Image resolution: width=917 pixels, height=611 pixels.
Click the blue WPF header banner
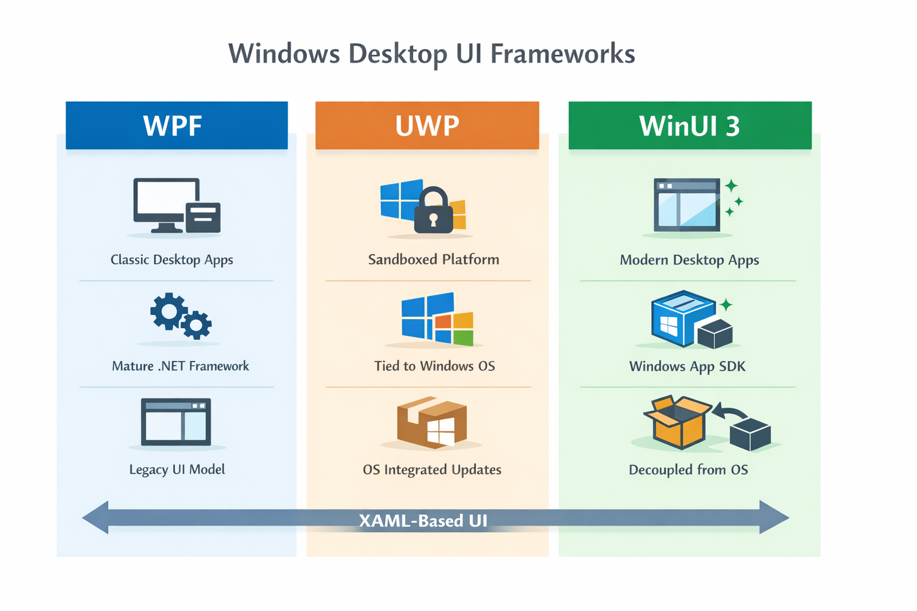[176, 125]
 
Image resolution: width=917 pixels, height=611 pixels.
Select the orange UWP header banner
[427, 125]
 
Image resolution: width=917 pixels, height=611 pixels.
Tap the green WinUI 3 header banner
[690, 125]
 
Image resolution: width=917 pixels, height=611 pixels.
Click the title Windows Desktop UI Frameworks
[431, 54]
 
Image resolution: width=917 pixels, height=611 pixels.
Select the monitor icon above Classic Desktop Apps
[167, 205]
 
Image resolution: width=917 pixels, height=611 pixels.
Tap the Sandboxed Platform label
[433, 260]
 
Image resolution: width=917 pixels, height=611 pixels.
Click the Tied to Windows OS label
[434, 366]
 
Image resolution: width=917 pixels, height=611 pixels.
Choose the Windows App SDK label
[687, 366]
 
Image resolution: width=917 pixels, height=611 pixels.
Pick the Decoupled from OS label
[688, 470]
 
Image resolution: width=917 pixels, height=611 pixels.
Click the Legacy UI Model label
[177, 470]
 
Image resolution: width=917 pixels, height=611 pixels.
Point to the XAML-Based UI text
[423, 521]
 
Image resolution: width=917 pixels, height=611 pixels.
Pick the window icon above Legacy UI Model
[176, 422]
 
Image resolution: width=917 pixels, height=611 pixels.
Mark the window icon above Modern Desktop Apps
[687, 205]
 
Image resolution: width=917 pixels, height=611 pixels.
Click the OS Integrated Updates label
[432, 470]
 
